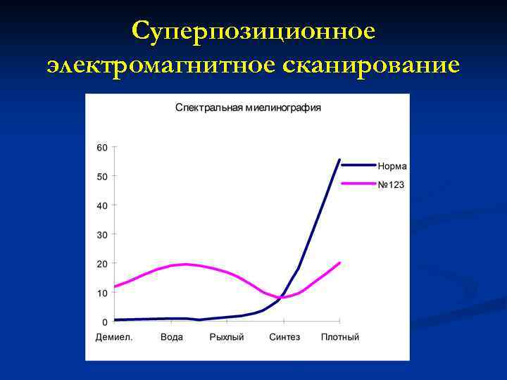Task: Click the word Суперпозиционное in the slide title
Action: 254,32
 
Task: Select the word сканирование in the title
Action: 372,65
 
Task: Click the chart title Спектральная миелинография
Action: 248,108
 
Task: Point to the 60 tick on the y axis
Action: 102,148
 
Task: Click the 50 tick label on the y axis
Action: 102,177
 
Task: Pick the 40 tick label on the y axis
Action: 102,205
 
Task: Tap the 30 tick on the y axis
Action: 102,234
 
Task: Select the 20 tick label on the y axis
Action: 102,263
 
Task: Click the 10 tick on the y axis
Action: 102,293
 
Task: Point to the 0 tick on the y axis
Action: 105,322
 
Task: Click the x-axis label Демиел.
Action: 114,337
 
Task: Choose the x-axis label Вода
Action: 171,337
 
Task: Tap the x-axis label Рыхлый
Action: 227,337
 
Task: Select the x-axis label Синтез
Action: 284,337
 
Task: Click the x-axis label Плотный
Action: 340,337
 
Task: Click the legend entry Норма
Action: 392,167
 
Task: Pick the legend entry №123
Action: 392,184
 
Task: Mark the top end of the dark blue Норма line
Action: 339,160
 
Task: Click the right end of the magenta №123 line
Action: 339,263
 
